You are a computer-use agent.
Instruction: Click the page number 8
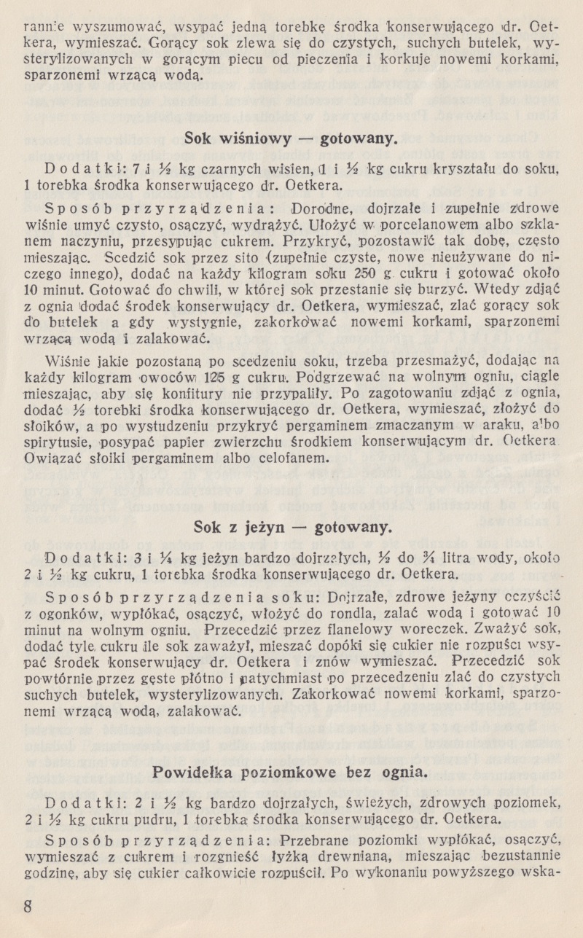click(28, 907)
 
